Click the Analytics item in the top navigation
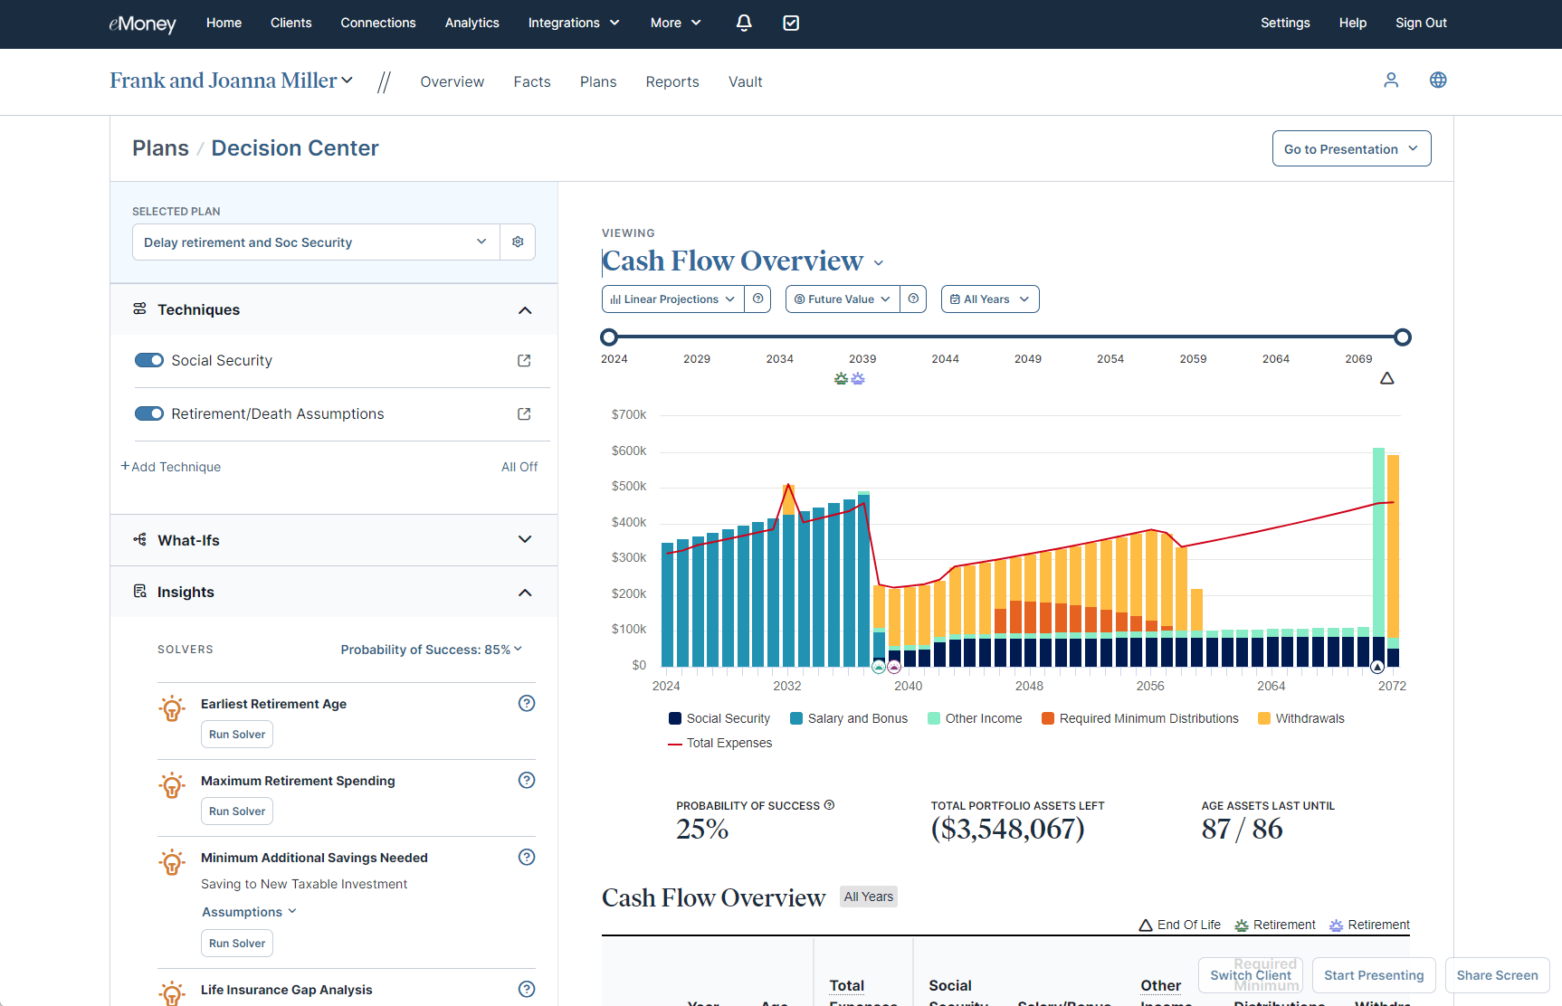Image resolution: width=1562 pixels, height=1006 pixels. (x=471, y=23)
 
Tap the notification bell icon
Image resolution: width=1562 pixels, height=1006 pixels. (x=744, y=23)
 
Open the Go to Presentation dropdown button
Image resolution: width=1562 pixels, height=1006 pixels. (x=1351, y=149)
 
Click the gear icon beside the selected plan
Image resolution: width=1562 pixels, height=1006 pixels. (x=518, y=242)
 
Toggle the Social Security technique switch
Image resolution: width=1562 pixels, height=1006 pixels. (x=149, y=360)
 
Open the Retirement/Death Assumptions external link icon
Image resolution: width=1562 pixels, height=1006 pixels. (x=524, y=413)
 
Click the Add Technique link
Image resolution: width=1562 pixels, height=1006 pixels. (x=171, y=467)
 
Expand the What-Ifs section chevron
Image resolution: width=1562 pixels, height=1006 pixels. (x=525, y=540)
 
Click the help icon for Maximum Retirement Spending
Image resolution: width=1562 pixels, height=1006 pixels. (x=527, y=780)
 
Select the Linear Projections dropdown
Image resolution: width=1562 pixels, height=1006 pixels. (x=672, y=299)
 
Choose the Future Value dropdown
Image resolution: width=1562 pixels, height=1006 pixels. (x=842, y=299)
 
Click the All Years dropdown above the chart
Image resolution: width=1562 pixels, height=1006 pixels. (x=990, y=299)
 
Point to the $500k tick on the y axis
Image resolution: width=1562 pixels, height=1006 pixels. (x=629, y=487)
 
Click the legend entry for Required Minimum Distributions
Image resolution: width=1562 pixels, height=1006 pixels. (x=1140, y=718)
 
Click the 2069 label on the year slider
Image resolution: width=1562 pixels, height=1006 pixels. (x=1358, y=359)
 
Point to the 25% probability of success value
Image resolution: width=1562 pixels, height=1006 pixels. (x=702, y=829)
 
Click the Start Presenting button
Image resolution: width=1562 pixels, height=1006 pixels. (x=1373, y=975)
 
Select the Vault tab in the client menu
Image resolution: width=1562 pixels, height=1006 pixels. (x=745, y=81)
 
